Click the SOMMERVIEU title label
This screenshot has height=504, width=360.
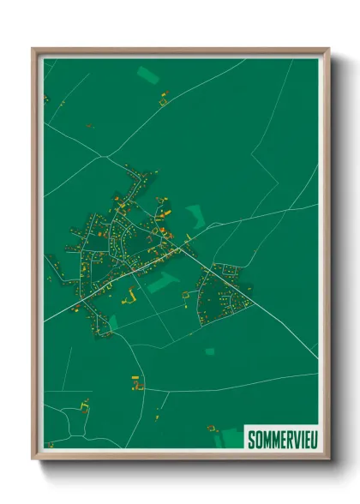[280, 440]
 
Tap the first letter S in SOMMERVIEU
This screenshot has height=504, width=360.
[251, 440]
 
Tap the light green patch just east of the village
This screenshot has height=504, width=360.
[196, 216]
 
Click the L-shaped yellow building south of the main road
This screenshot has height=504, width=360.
[133, 295]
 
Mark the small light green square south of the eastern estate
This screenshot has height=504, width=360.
[210, 351]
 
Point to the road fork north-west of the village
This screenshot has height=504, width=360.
[102, 156]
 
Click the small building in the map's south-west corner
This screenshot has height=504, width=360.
[50, 444]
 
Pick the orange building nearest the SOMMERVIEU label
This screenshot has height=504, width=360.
[210, 428]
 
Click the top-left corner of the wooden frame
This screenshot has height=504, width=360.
[33, 49]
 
